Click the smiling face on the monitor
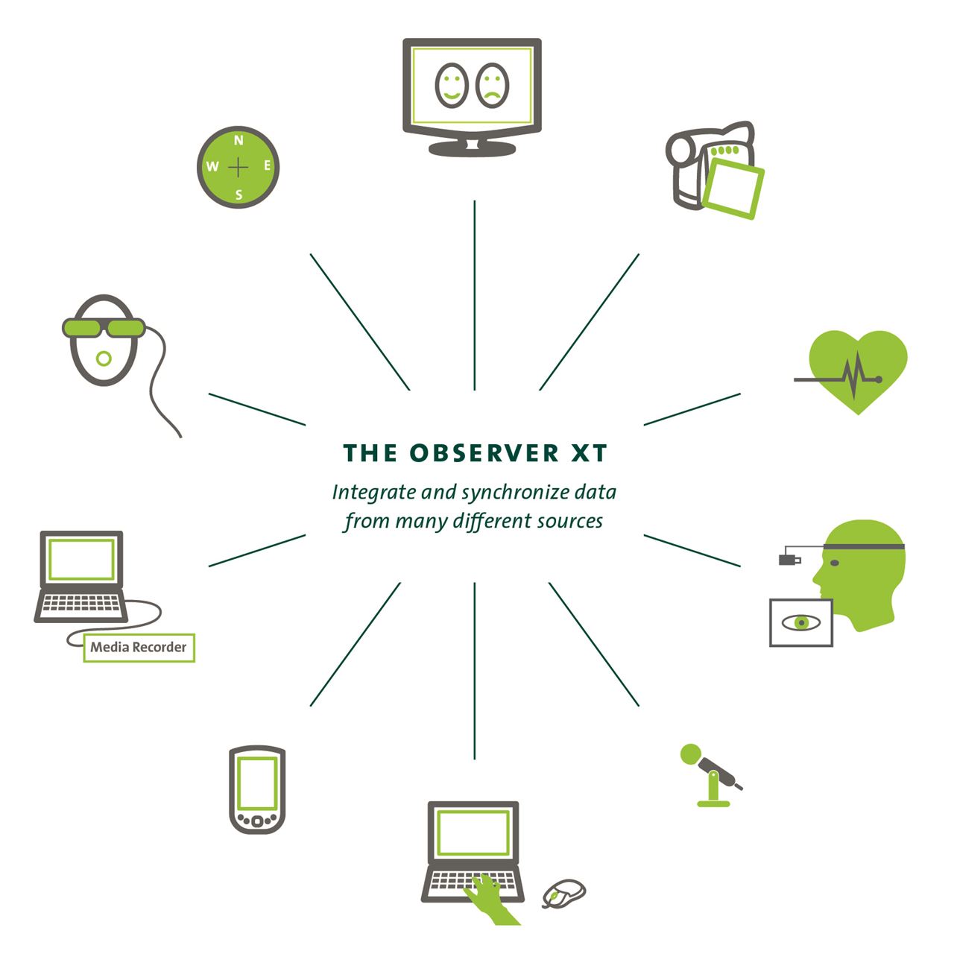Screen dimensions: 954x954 click(451, 85)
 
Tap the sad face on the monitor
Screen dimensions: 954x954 click(492, 85)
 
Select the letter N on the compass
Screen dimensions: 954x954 click(238, 140)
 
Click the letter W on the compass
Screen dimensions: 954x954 click(212, 167)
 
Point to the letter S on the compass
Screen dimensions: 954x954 click(238, 195)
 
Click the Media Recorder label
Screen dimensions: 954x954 click(139, 647)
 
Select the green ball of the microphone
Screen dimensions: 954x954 click(691, 754)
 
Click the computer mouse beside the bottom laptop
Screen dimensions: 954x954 click(563, 893)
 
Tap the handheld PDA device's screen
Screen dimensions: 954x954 click(257, 783)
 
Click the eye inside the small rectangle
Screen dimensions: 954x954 click(801, 622)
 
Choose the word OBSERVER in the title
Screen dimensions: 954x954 click(484, 453)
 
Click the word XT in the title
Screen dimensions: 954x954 click(590, 453)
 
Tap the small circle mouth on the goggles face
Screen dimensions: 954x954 click(104, 359)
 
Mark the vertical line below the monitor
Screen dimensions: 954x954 click(474, 294)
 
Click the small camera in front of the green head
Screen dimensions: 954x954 click(789, 558)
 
